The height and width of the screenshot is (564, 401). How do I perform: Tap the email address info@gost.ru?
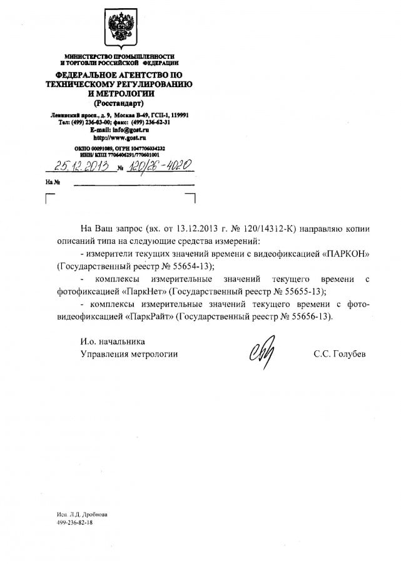[129, 129]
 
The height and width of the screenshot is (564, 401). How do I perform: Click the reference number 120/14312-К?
[272, 229]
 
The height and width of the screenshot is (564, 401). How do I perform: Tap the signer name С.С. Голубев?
[340, 354]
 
